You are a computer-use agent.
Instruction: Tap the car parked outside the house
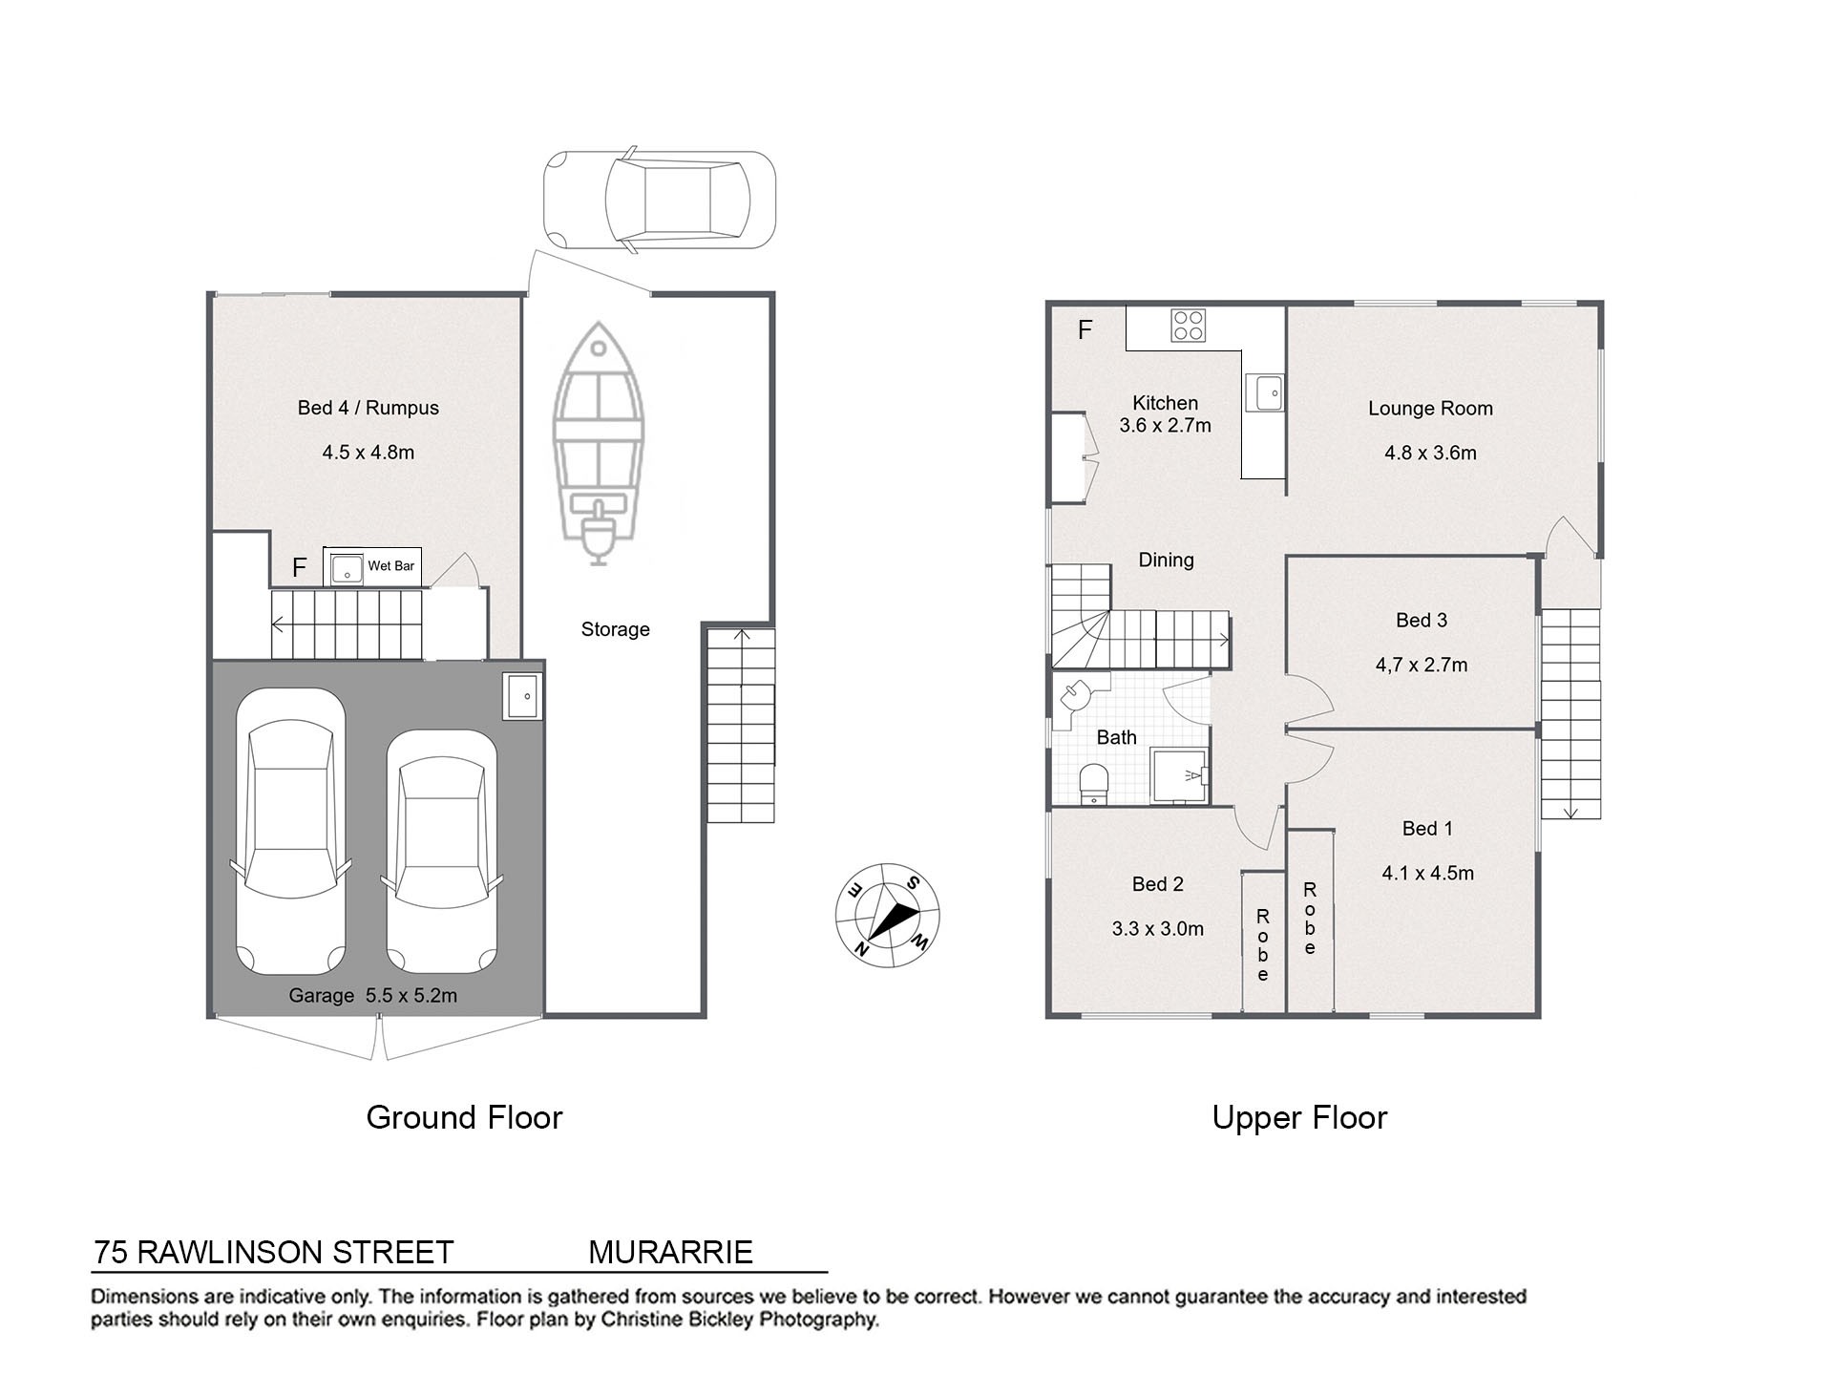[660, 201]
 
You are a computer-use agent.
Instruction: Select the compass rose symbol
[888, 915]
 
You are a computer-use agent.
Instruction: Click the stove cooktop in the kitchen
[1189, 326]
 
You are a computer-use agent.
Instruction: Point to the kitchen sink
[1269, 392]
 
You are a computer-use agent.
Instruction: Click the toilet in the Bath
[1093, 783]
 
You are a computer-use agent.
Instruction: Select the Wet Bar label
[391, 566]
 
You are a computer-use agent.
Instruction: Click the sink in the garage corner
[522, 696]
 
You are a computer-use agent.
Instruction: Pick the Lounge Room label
[1430, 409]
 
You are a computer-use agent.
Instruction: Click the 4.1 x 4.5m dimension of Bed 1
[1427, 873]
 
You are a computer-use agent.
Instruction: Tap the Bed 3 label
[1422, 621]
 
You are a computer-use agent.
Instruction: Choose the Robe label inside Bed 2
[1263, 945]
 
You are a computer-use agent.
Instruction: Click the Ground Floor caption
[465, 1117]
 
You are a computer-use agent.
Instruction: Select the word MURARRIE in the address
[670, 1252]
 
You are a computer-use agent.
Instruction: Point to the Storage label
[616, 630]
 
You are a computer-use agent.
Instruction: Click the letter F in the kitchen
[1085, 330]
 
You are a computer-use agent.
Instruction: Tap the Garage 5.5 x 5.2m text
[373, 996]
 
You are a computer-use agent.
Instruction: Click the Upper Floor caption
[1299, 1118]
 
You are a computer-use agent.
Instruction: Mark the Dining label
[1166, 561]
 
